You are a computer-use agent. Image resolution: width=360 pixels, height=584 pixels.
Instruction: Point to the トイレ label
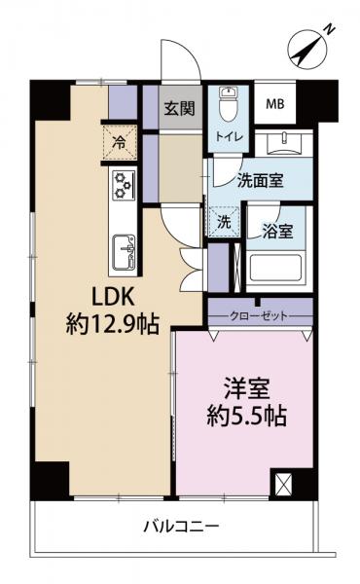[231, 138]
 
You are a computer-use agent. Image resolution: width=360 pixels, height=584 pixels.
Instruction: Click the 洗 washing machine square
[223, 222]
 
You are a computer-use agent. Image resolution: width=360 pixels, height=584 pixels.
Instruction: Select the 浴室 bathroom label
[277, 232]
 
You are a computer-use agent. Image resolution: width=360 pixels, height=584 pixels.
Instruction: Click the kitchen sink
[124, 255]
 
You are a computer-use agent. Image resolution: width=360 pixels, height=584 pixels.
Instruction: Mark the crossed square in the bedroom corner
[283, 484]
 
